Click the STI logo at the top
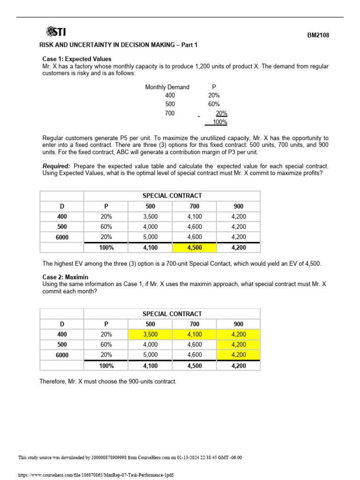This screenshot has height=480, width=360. [x=55, y=32]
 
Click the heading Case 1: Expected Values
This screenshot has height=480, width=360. [x=77, y=59]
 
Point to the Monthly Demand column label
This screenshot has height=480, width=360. [x=167, y=87]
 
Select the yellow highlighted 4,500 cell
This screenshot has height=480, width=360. [x=195, y=247]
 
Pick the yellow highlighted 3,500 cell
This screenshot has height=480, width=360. [x=150, y=335]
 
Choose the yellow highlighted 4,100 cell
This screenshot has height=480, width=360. [x=195, y=335]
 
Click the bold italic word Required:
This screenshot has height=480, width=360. [x=56, y=166]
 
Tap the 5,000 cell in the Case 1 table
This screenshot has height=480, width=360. [x=150, y=237]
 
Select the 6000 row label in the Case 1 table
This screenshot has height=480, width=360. [x=62, y=237]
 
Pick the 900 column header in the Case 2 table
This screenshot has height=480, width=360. [x=239, y=324]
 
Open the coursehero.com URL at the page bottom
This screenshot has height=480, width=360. [x=96, y=475]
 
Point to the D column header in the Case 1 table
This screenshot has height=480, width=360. [x=62, y=206]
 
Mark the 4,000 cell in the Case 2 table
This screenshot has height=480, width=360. [x=150, y=345]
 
